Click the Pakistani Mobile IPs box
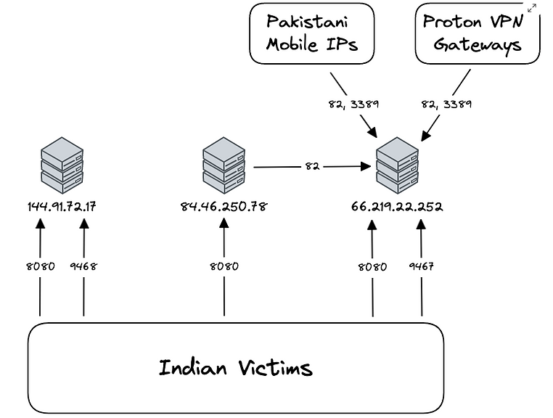[312, 33]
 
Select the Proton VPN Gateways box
[478, 33]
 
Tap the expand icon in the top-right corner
[532, 8]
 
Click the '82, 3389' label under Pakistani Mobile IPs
[353, 104]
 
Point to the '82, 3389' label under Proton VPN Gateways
[446, 104]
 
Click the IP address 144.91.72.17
[61, 207]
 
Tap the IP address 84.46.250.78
[224, 207]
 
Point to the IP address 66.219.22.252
[397, 207]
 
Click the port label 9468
[83, 266]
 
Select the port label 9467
[422, 266]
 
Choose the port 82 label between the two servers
[312, 166]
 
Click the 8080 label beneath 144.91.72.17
[40, 266]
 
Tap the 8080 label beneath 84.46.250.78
[224, 266]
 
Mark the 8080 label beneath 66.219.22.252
[372, 266]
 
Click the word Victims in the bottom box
[276, 368]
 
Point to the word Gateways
[478, 45]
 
